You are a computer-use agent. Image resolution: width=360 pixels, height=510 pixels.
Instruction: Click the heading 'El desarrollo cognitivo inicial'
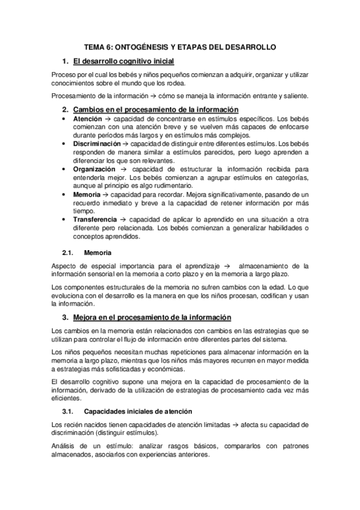click(x=123, y=61)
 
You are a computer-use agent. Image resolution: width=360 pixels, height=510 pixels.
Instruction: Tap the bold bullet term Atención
click(x=88, y=119)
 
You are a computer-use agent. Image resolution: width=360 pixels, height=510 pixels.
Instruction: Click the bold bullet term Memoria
click(x=87, y=195)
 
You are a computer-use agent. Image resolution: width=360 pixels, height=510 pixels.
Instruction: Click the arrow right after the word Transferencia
click(x=124, y=220)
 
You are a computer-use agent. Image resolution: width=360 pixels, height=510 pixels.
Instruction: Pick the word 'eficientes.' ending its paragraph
click(x=70, y=398)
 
